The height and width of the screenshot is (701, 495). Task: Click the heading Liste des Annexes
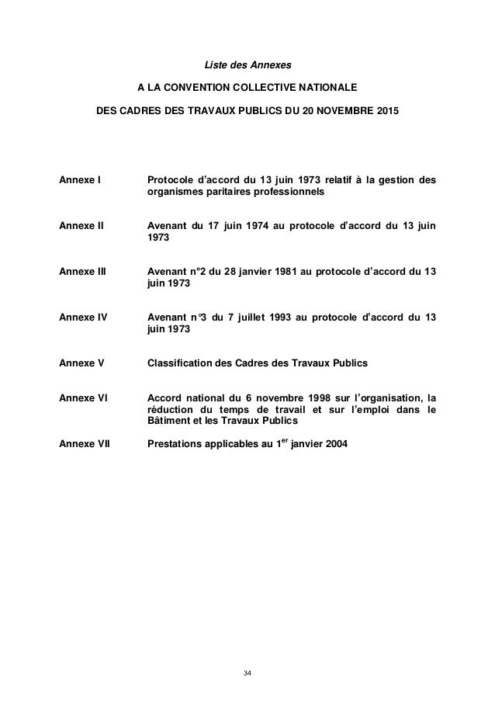pos(247,60)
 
